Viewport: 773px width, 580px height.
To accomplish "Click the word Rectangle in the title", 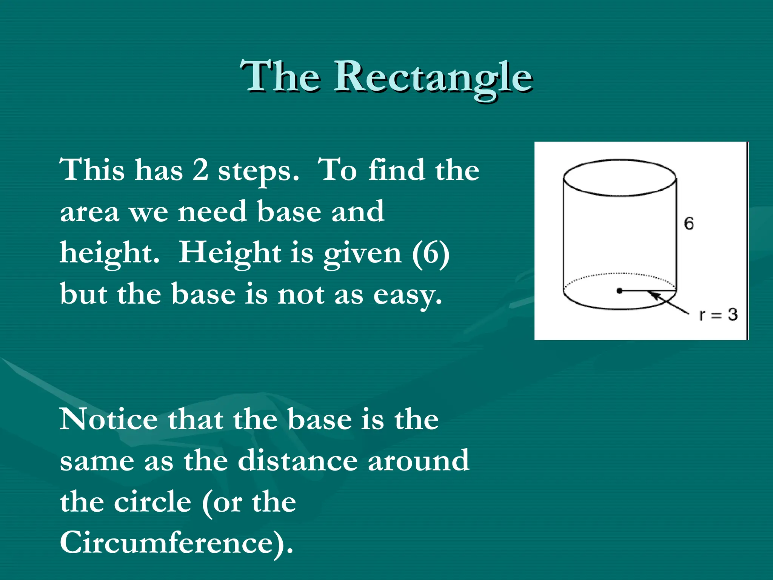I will (x=433, y=77).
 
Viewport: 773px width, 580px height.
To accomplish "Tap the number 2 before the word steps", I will (x=200, y=170).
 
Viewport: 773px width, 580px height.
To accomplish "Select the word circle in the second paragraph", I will (x=153, y=502).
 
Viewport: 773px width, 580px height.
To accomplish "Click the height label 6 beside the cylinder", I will (x=689, y=224).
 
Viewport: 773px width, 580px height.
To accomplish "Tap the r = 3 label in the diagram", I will (x=718, y=315).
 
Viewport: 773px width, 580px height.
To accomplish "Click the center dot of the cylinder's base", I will (x=619, y=291).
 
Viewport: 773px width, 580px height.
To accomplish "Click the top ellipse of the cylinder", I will (x=619, y=178).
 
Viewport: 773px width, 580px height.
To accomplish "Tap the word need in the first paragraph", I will (x=212, y=211).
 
